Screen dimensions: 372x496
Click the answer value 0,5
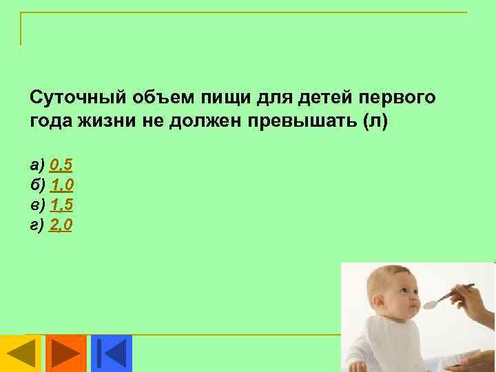coord(61,165)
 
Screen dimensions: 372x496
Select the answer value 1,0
coord(62,185)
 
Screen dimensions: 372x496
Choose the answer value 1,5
coord(62,205)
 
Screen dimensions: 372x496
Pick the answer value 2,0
coord(61,225)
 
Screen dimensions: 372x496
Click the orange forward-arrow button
coord(65,353)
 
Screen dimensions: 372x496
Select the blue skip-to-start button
coord(111,353)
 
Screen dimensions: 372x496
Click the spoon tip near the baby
coord(429,304)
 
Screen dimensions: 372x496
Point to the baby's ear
coord(380,304)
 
